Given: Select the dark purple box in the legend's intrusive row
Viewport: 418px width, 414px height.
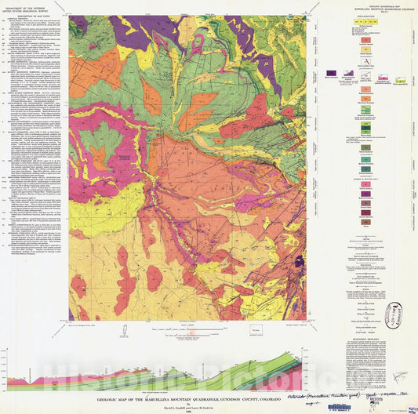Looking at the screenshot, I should [331, 72].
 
